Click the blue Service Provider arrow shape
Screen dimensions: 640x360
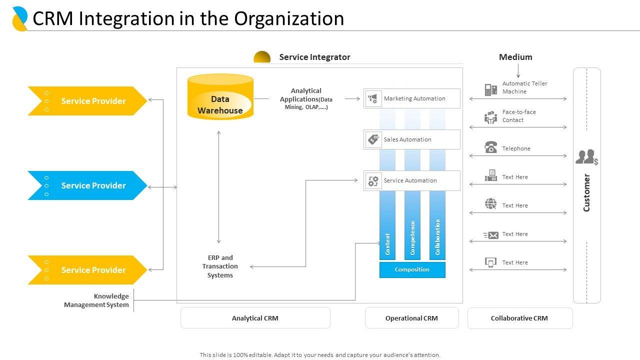tap(87, 185)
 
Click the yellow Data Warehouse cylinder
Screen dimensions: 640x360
tap(220, 97)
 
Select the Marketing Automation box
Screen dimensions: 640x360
tap(411, 98)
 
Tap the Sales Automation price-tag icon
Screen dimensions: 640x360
tap(373, 139)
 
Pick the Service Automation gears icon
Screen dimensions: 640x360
tap(373, 181)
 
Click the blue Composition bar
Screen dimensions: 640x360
tap(412, 269)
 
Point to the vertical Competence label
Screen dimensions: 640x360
tap(412, 237)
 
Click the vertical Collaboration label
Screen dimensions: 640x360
tap(437, 237)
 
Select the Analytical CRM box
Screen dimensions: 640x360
tap(255, 318)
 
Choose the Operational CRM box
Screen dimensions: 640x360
tap(411, 318)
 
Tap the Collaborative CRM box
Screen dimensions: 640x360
tap(520, 318)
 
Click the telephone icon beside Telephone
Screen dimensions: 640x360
tap(491, 147)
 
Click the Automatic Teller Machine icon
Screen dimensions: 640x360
tap(491, 89)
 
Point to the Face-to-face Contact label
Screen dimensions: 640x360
tap(519, 116)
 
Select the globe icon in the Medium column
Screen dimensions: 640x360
tap(491, 203)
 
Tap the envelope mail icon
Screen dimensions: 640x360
tap(491, 235)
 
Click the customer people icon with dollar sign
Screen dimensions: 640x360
tap(587, 157)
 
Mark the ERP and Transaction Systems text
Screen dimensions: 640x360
tap(220, 266)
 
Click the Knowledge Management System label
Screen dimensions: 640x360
tap(96, 300)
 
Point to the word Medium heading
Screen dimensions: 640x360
tap(515, 57)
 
